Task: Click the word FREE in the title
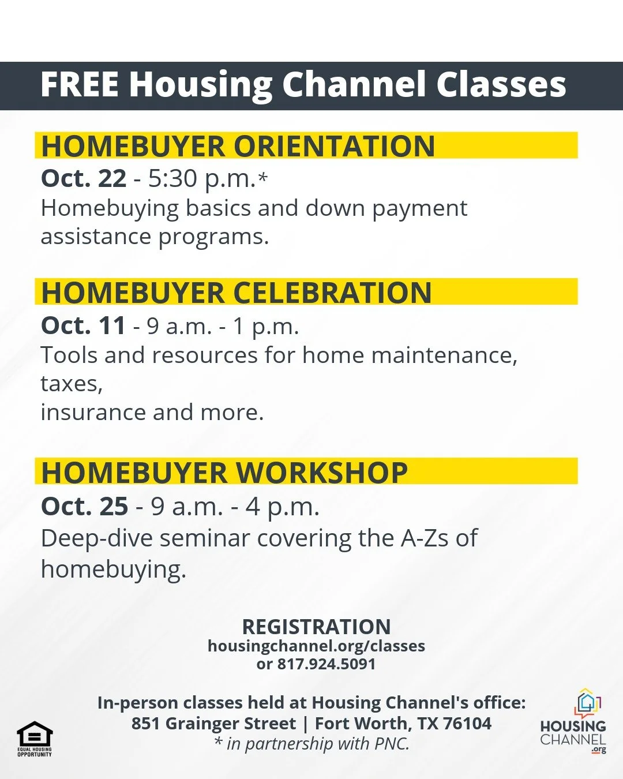click(x=80, y=85)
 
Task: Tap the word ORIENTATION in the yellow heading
click(x=334, y=146)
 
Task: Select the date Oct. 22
click(x=84, y=178)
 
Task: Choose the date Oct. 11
click(x=83, y=326)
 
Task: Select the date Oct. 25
click(x=84, y=507)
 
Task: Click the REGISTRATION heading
click(x=316, y=627)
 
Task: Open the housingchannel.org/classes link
click(x=316, y=646)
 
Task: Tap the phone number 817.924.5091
click(x=326, y=664)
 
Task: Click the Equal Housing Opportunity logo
click(x=35, y=738)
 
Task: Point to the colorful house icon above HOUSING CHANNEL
click(x=587, y=703)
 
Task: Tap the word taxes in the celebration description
click(x=71, y=384)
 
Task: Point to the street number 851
click(x=145, y=724)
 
